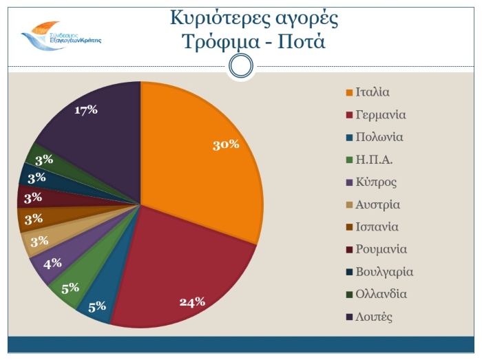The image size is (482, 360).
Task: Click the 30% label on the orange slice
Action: pos(226,145)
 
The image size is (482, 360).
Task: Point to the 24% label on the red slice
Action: pos(192,301)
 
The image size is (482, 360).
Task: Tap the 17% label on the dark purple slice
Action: pos(86,110)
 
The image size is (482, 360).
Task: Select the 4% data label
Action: pos(52,262)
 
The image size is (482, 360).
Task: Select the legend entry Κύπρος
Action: pos(375,182)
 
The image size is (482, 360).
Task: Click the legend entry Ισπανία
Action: pos(377,227)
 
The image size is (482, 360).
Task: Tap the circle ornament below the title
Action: pos(240,66)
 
